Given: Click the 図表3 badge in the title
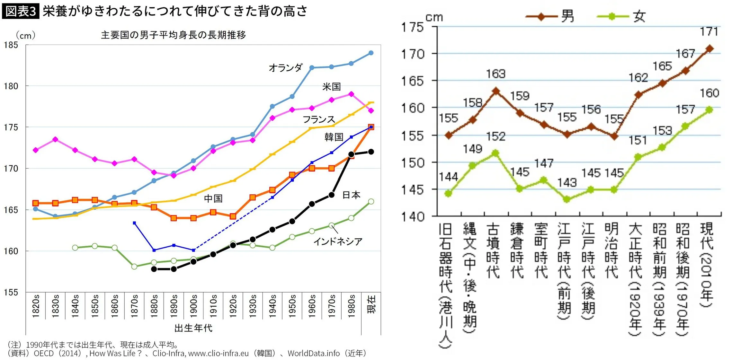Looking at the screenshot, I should [21, 12].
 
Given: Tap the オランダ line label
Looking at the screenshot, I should [286, 68].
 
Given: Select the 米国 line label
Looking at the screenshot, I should [331, 87].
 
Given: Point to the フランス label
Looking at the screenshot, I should [319, 119].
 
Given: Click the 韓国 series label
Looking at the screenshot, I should [334, 137].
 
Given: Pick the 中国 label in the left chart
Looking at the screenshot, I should [213, 198].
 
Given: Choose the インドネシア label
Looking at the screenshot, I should [338, 241].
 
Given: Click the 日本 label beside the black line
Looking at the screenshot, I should [351, 195].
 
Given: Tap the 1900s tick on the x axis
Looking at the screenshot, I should [193, 306].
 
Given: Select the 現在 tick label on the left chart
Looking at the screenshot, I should [371, 305].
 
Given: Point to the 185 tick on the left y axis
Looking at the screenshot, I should [11, 45].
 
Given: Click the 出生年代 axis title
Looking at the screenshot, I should [193, 328].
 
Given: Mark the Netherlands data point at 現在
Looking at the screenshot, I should [371, 53].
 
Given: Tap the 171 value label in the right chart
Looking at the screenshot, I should [709, 31].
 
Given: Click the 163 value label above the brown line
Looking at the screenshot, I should [495, 74].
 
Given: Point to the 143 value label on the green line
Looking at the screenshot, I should [567, 183].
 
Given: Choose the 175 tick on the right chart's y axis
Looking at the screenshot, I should [413, 27].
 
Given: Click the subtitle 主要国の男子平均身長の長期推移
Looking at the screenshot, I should [173, 35].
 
